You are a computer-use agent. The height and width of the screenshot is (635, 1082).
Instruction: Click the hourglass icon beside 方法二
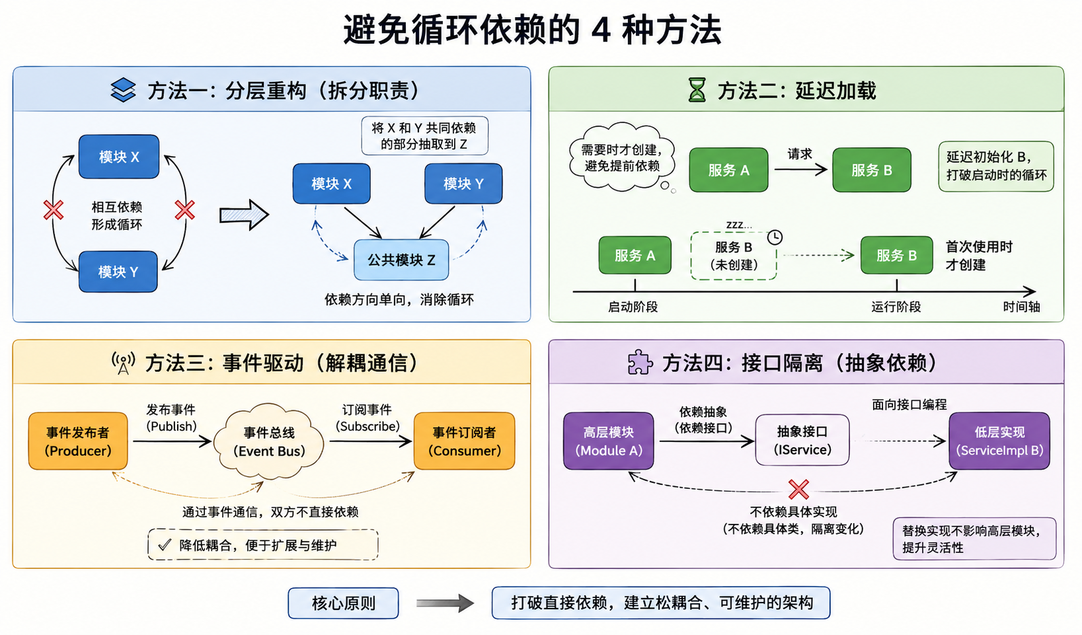tap(697, 90)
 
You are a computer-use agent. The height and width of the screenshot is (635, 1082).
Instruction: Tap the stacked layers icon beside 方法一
tap(123, 90)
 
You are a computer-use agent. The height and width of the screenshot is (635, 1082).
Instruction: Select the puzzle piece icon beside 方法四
tap(640, 361)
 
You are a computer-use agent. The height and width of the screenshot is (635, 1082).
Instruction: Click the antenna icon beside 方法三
tap(123, 363)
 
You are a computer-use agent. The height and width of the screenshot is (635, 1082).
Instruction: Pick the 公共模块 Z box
tap(401, 260)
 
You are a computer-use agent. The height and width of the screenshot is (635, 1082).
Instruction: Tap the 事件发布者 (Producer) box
tap(78, 441)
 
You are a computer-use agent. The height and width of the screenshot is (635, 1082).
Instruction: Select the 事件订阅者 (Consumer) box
tap(464, 441)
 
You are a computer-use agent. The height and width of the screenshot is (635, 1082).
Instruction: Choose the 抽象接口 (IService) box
tap(802, 440)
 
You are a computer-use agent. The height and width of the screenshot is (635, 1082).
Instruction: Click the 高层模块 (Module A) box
tap(609, 441)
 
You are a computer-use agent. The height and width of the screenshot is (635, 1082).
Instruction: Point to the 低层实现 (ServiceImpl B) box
tap(999, 441)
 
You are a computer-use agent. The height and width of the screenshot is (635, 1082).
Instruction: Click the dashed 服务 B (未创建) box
tap(734, 256)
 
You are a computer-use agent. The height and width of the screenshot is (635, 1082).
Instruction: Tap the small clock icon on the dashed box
tap(775, 237)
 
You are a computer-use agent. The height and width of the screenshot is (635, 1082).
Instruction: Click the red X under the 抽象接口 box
tap(798, 489)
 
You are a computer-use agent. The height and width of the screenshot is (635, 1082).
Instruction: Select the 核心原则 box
tap(344, 603)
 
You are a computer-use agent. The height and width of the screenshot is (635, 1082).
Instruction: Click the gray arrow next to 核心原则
tap(445, 603)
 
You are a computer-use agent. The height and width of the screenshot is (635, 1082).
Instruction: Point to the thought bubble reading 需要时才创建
tap(622, 157)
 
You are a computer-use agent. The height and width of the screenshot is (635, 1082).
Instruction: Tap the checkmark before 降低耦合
tap(164, 545)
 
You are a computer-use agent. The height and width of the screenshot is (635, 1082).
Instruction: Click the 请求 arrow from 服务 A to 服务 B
tap(801, 170)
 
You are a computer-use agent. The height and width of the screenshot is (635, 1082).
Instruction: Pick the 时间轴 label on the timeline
tap(1022, 307)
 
